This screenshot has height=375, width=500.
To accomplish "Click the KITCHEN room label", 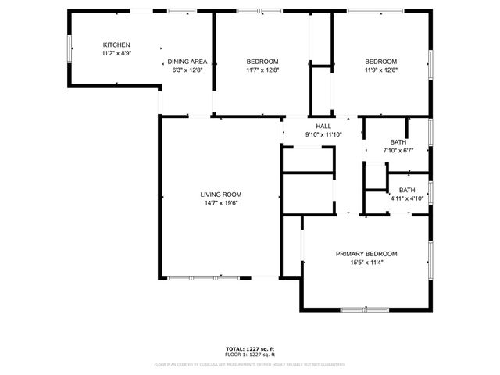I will [116, 45].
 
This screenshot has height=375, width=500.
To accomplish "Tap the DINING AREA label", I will [187, 62].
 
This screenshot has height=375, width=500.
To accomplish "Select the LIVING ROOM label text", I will [220, 195].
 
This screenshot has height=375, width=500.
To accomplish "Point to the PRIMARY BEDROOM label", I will [366, 254].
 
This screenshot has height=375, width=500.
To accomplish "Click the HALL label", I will [323, 127].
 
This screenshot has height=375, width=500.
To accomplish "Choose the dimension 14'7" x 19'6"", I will [220, 203].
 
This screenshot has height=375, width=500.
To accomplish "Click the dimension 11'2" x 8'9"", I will [116, 54].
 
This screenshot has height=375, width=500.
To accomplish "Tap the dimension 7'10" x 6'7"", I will [398, 150].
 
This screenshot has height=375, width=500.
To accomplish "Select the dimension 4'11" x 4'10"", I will [407, 198].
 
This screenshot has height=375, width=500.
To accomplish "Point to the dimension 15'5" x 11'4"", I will [366, 262].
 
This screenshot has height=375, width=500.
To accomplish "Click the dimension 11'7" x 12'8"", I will [262, 70].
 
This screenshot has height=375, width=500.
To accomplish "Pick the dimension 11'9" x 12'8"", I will [381, 70].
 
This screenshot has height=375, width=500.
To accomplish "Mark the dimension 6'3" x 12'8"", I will [187, 70].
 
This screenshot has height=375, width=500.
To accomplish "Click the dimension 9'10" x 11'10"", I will [323, 134].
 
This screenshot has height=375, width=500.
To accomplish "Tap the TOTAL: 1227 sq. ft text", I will [250, 348].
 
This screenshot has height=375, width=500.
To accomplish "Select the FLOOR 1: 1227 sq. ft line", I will [250, 355].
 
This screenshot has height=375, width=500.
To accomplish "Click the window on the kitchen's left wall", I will [70, 48].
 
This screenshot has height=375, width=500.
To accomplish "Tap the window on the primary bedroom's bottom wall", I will [365, 310].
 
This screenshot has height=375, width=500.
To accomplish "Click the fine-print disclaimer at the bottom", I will [250, 364].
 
